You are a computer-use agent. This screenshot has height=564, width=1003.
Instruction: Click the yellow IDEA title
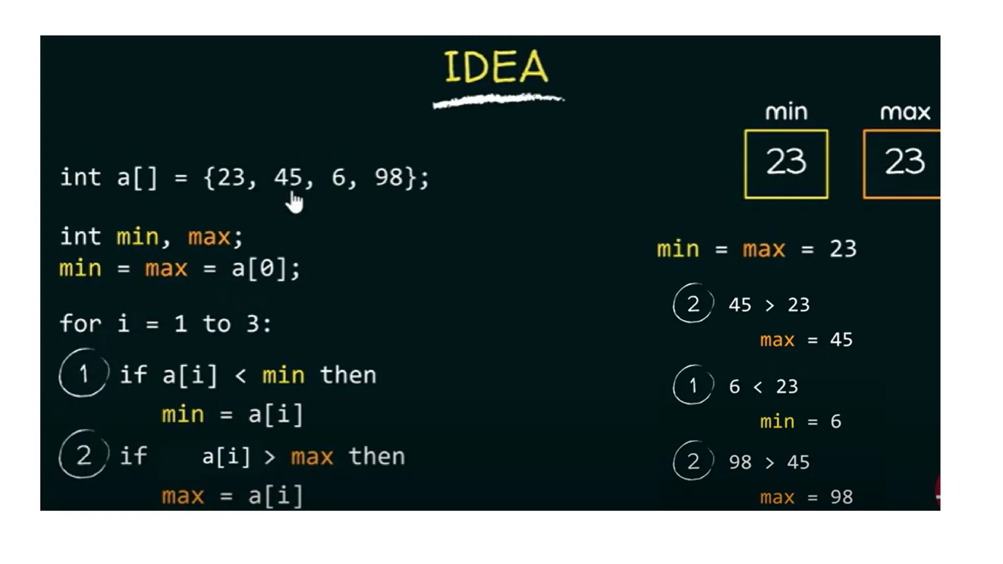(x=496, y=67)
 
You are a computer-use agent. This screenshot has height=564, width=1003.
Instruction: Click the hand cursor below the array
(x=295, y=202)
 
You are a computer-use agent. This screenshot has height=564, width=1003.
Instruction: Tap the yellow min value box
(x=786, y=164)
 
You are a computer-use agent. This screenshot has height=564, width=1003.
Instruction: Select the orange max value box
(x=902, y=164)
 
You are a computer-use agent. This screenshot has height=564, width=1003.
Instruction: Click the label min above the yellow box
(x=786, y=112)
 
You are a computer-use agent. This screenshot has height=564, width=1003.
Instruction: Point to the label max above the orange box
(x=905, y=113)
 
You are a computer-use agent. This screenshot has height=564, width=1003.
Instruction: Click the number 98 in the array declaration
(x=389, y=177)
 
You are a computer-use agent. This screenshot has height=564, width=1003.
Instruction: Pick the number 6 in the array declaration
(x=338, y=177)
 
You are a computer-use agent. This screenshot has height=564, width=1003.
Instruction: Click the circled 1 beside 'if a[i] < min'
(x=84, y=374)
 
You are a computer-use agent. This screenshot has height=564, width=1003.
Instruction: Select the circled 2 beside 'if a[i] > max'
(x=84, y=455)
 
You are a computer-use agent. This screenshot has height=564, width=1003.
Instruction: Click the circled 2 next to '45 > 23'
(x=693, y=304)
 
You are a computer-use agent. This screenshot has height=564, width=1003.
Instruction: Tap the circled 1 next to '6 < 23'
(x=693, y=385)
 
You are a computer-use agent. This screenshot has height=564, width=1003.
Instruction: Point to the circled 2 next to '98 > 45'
(x=693, y=461)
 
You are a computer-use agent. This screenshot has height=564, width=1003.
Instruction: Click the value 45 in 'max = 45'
(x=841, y=340)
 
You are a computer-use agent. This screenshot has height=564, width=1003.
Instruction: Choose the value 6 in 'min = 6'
(x=836, y=422)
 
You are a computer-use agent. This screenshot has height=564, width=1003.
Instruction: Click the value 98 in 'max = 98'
(x=841, y=497)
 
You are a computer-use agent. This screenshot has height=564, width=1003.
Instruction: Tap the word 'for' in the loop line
(x=80, y=324)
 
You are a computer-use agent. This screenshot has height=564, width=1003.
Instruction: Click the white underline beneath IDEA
(x=498, y=100)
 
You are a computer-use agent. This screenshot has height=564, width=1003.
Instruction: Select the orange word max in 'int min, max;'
(x=209, y=237)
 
